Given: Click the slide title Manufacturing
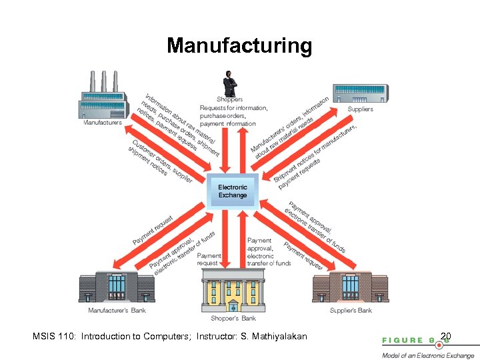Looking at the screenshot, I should pyautogui.click(x=239, y=45).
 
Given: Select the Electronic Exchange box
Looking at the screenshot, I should pyautogui.click(x=232, y=191).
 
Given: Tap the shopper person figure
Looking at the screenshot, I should pyautogui.click(x=230, y=83).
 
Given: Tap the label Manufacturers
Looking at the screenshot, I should pyautogui.click(x=102, y=123).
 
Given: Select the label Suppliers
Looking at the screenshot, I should pyautogui.click(x=360, y=109).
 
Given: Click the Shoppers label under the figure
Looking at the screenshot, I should pyautogui.click(x=230, y=99).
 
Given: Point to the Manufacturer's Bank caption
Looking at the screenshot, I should pyautogui.click(x=117, y=310).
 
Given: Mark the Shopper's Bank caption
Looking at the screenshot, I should pyautogui.click(x=229, y=319).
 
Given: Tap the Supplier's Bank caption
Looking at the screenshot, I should pyautogui.click(x=351, y=310).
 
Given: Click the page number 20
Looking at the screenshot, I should pyautogui.click(x=447, y=335).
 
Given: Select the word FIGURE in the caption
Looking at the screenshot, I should pyautogui.click(x=403, y=340).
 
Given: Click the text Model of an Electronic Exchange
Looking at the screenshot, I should pyautogui.click(x=428, y=355).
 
